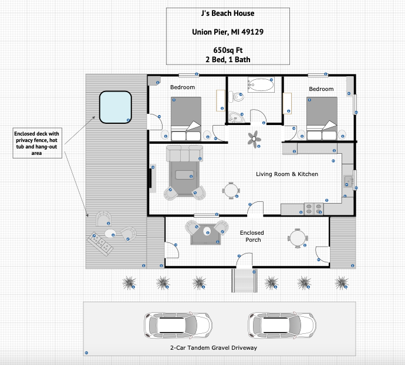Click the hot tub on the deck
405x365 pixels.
point(116,107)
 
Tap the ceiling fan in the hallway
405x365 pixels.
point(254,139)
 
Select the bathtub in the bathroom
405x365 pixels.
point(261,85)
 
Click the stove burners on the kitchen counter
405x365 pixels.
point(313,209)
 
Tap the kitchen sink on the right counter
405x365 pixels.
point(349,181)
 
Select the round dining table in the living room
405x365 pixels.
point(231,191)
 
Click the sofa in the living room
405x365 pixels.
point(184,153)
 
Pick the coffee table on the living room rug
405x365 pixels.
point(184,175)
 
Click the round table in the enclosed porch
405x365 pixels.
point(298,238)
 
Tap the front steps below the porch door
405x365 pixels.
point(244,280)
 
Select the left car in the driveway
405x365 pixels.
point(178,325)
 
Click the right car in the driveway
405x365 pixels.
point(282,325)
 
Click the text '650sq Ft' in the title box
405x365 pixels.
point(228,50)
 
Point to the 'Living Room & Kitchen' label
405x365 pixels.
point(287,174)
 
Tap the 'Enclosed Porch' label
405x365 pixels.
point(252,236)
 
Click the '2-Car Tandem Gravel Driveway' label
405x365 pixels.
point(214,348)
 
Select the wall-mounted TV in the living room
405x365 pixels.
point(150,178)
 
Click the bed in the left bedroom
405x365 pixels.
point(186,119)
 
